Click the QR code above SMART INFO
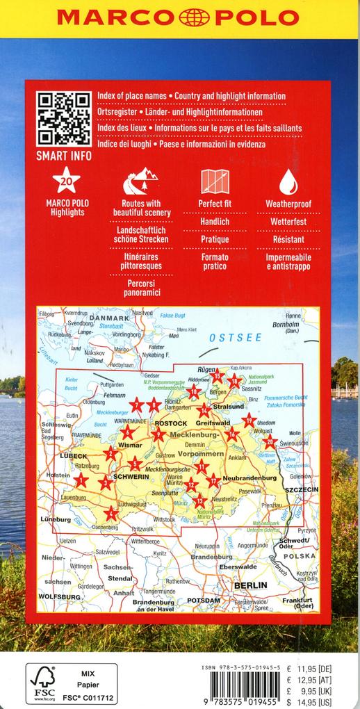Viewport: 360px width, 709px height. tap(63, 119)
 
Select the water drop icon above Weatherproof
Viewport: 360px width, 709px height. tap(288, 182)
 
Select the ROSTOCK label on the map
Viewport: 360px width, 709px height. tap(170, 423)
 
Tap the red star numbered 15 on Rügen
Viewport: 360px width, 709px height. tap(217, 376)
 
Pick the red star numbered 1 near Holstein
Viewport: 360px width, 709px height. tap(82, 479)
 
